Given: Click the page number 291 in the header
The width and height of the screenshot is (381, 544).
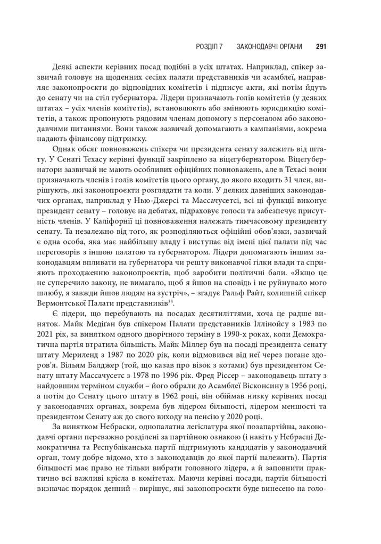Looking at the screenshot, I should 321,47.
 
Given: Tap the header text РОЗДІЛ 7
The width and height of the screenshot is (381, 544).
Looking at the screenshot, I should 211,47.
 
